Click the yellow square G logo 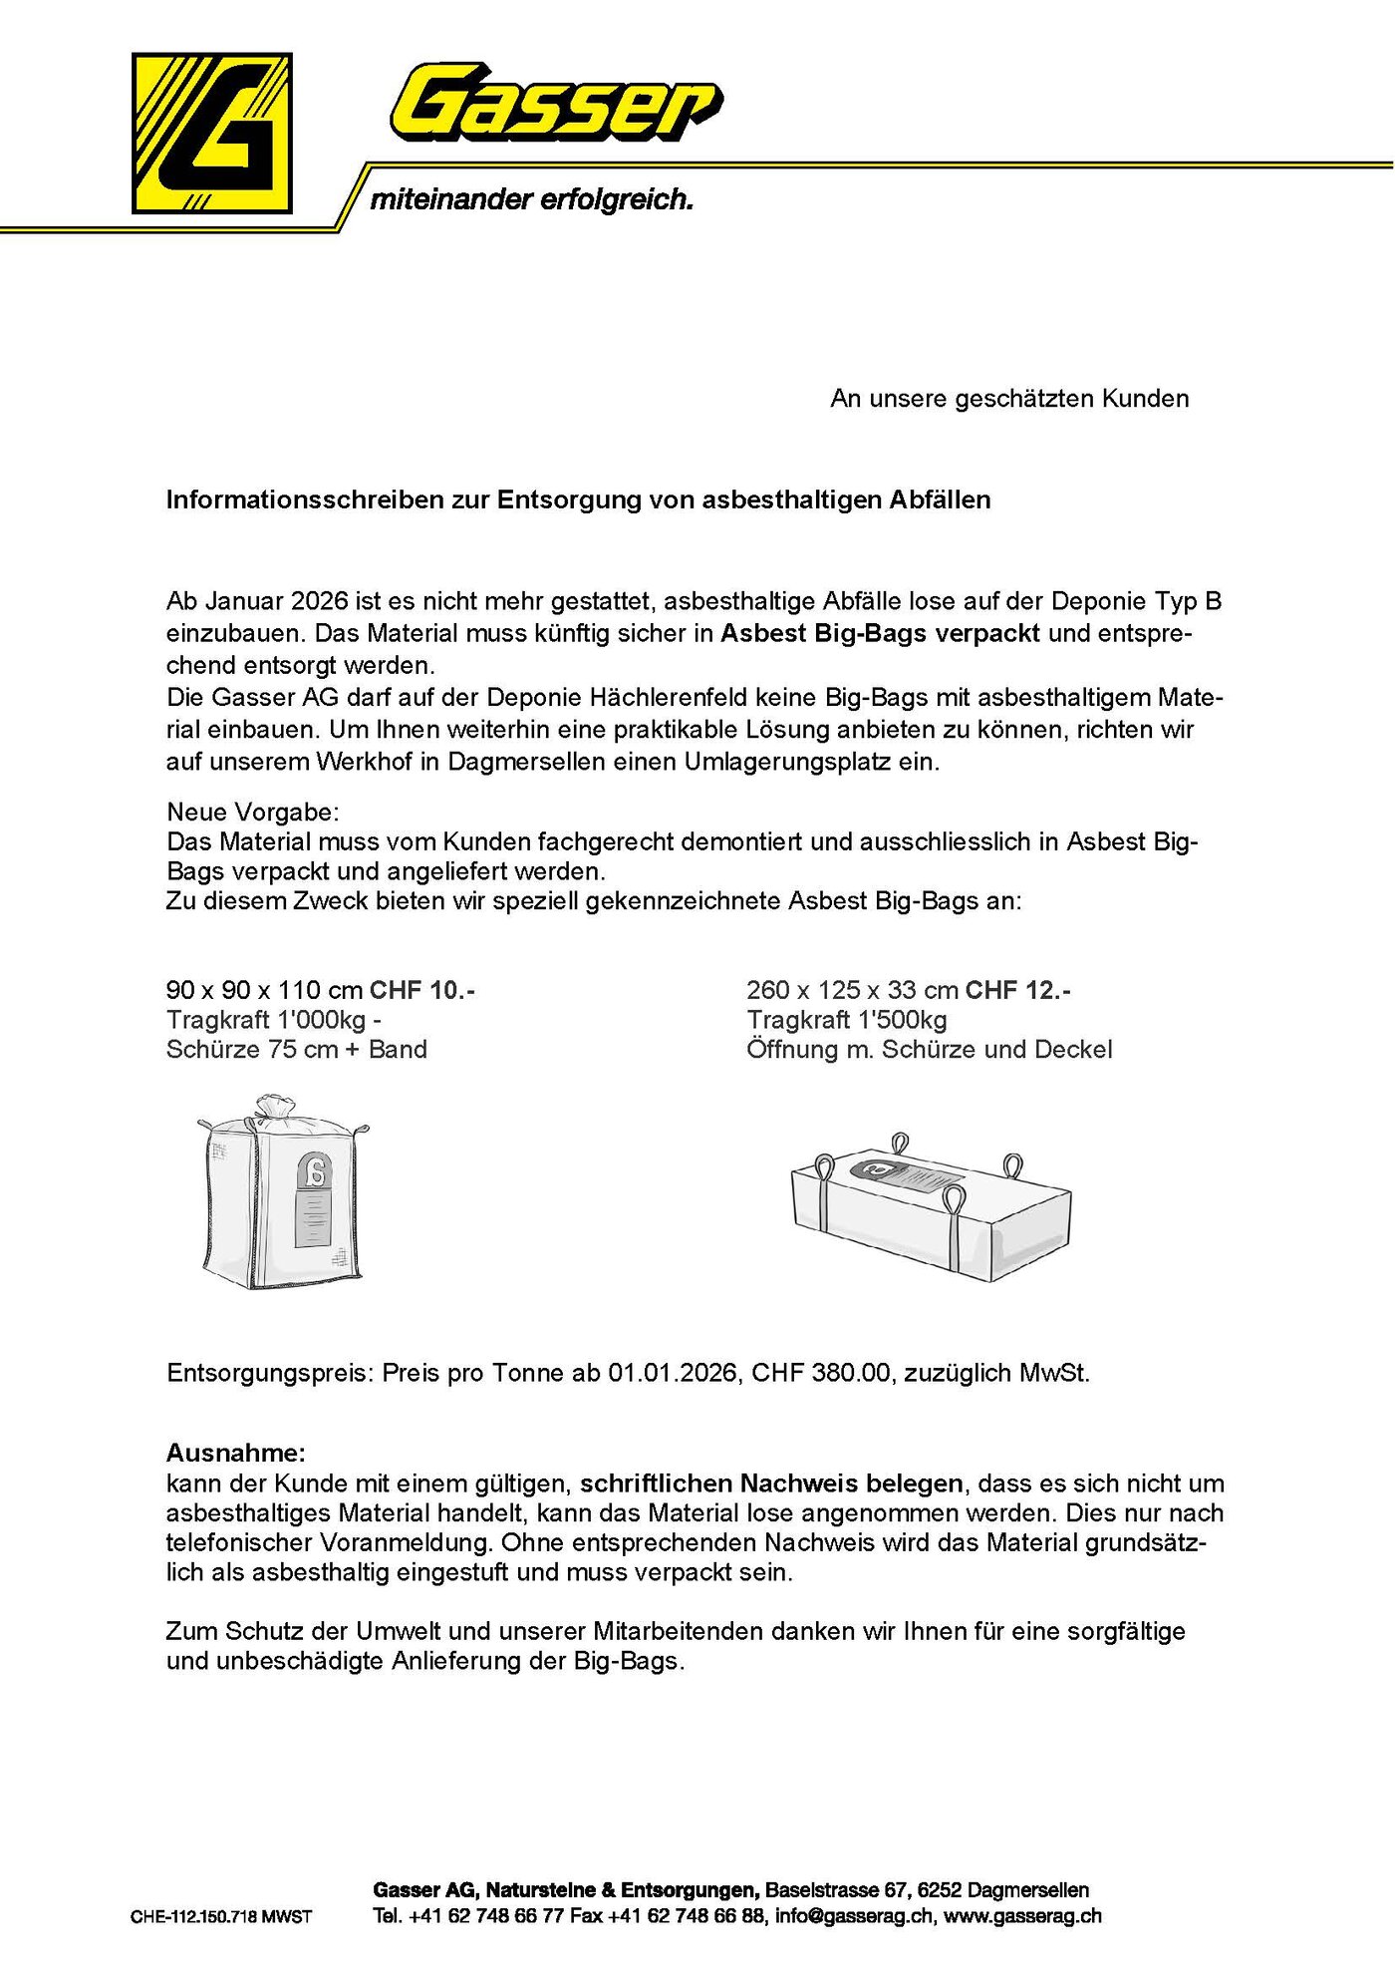coord(211,133)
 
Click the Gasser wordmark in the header coord(555,102)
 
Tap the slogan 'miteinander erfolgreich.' coord(531,199)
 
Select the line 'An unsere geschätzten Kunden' coord(1008,399)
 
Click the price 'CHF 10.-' coord(421,990)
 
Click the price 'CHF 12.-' coord(1017,990)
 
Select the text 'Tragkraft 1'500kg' coord(847,1020)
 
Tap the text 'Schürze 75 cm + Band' coord(297,1049)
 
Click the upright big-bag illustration coord(283,1196)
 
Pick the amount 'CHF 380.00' coord(820,1373)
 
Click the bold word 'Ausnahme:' coord(236,1452)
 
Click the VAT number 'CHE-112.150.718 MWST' coord(221,1916)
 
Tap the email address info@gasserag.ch coord(854,1915)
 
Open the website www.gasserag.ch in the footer coord(1022,1915)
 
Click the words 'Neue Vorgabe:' coord(253,812)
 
